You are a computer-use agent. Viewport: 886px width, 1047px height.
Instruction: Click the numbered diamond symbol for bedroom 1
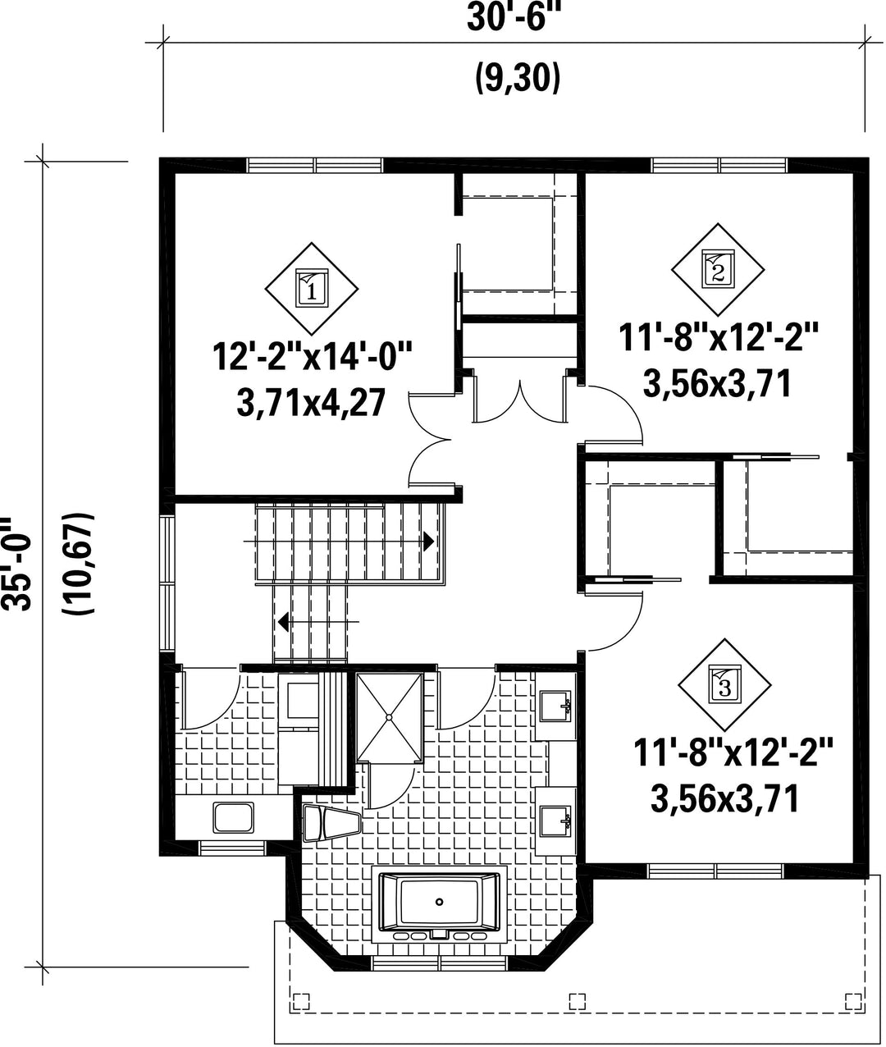[x=312, y=289]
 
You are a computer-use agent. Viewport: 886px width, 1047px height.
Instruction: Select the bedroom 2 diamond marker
[x=718, y=269]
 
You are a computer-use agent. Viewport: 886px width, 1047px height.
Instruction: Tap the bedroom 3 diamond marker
[x=725, y=685]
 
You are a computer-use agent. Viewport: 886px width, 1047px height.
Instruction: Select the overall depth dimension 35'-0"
[x=16, y=563]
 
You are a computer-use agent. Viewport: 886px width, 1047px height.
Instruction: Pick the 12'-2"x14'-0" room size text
[x=312, y=357]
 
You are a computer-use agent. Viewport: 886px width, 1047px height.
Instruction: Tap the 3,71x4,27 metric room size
[x=311, y=403]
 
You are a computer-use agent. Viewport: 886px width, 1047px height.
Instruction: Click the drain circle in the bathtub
[x=439, y=902]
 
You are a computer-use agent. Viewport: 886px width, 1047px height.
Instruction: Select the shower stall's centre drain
[x=389, y=718]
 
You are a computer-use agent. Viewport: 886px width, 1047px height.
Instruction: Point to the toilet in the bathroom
[x=331, y=823]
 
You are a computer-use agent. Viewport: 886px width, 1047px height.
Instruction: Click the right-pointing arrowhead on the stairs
[x=429, y=542]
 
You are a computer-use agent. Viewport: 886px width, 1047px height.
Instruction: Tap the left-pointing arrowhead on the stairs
[x=283, y=621]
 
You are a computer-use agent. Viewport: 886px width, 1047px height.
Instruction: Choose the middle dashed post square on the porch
[x=577, y=1001]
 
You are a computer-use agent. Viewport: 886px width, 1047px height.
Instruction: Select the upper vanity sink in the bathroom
[x=555, y=706]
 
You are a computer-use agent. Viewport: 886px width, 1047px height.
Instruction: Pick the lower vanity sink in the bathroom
[x=555, y=821]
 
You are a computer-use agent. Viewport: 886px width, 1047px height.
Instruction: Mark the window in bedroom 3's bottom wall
[x=716, y=871]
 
